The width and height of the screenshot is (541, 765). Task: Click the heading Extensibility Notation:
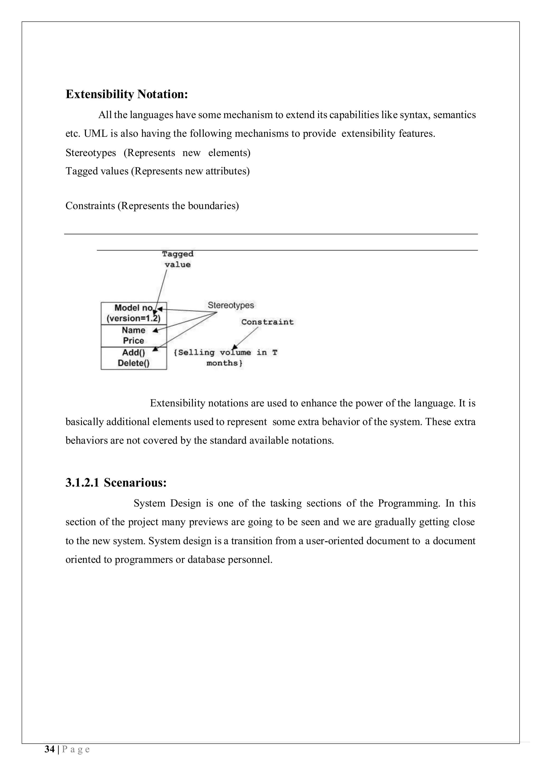click(127, 94)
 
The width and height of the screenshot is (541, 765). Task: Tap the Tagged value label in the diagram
click(178, 259)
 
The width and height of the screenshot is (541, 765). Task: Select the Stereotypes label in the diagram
click(231, 305)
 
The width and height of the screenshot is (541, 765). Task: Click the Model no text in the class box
click(133, 308)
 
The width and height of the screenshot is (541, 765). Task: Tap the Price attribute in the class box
click(133, 341)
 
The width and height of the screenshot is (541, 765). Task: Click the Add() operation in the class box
click(133, 352)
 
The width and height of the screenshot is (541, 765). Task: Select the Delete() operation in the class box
click(133, 363)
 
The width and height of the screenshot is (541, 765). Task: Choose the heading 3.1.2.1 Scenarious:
click(116, 483)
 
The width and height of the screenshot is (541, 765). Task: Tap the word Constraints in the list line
click(90, 206)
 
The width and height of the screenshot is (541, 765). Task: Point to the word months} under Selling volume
click(224, 363)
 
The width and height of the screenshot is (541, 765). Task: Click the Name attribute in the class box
click(133, 330)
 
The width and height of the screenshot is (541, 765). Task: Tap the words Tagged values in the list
click(97, 171)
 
